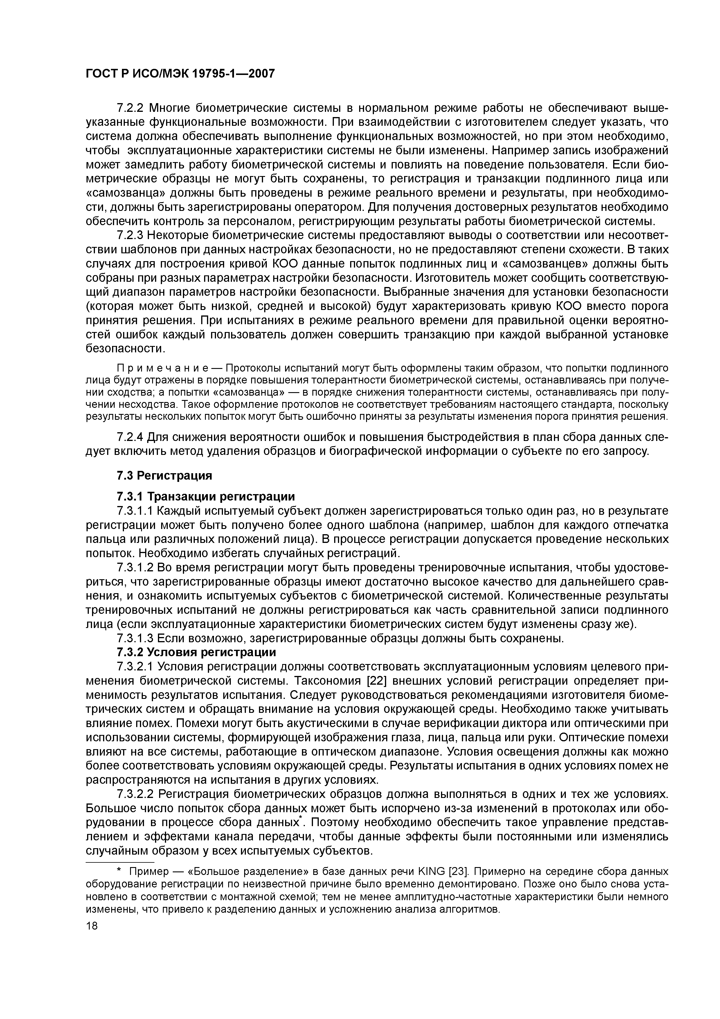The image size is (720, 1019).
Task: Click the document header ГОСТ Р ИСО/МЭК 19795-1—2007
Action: tap(180, 73)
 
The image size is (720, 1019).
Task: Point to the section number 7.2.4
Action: tap(131, 437)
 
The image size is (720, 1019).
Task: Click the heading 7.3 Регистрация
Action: tap(164, 476)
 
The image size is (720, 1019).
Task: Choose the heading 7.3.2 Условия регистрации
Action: tap(196, 652)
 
